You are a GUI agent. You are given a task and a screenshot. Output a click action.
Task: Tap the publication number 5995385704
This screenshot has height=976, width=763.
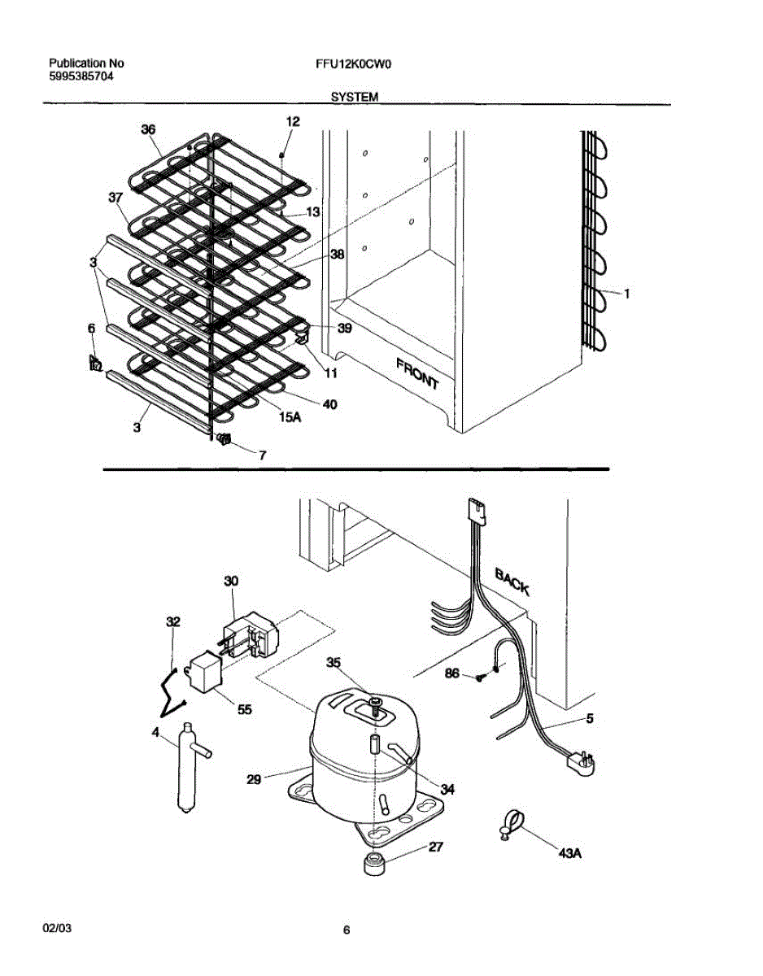pyautogui.click(x=81, y=76)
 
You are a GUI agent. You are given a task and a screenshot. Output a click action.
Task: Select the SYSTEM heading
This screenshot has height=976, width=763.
pyautogui.click(x=355, y=96)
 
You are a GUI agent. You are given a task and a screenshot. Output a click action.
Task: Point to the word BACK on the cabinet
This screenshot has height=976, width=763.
pyautogui.click(x=512, y=581)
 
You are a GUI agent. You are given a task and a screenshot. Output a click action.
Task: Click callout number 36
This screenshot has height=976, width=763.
pyautogui.click(x=148, y=129)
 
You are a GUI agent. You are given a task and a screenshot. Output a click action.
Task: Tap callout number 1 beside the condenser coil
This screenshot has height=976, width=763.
pyautogui.click(x=626, y=294)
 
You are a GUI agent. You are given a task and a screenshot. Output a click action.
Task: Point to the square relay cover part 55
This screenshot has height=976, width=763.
pyautogui.click(x=205, y=674)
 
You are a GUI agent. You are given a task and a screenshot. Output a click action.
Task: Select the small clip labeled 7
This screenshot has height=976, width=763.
pyautogui.click(x=225, y=440)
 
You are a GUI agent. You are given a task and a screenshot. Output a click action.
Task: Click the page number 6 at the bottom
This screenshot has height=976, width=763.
pyautogui.click(x=347, y=930)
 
